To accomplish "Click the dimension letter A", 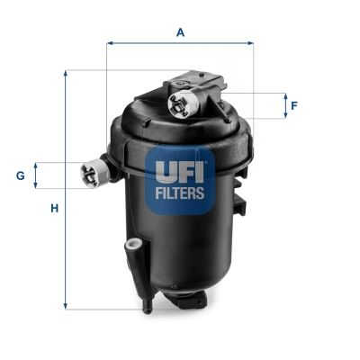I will [x=180, y=32].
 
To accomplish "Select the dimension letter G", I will [x=20, y=175].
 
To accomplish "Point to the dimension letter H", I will [x=54, y=209].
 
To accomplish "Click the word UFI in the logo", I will [x=180, y=169].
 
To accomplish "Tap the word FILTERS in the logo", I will [x=180, y=192].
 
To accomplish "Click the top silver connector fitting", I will [x=182, y=103].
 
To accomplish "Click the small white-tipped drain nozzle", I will [x=131, y=244].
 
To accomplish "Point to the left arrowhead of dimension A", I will [x=110, y=41].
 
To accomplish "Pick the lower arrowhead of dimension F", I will [x=280, y=116].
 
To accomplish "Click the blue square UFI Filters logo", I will [x=180, y=180].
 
